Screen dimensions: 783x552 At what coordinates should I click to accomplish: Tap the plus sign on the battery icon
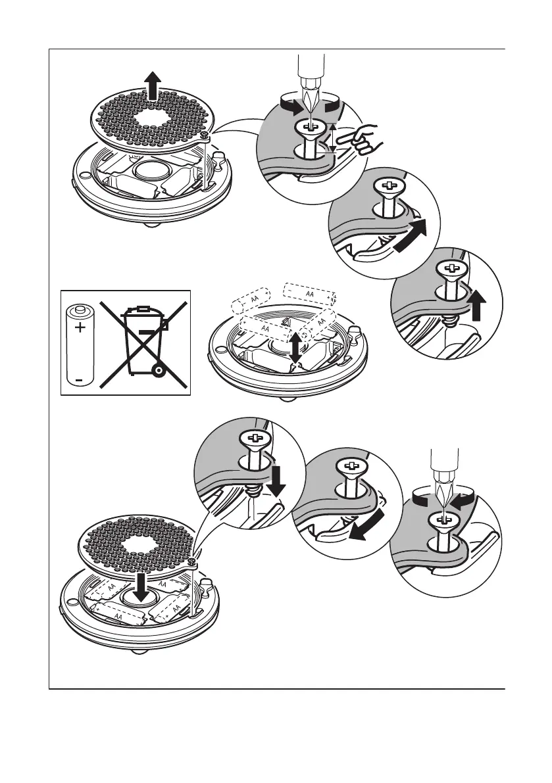click(80, 327)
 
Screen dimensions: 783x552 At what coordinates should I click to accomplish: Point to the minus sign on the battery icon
click(79, 379)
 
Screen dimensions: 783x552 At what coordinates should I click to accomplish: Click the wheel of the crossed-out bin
click(158, 371)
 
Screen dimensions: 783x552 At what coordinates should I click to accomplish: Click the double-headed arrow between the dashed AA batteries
click(295, 347)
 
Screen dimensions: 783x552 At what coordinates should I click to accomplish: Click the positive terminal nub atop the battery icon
click(80, 308)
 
